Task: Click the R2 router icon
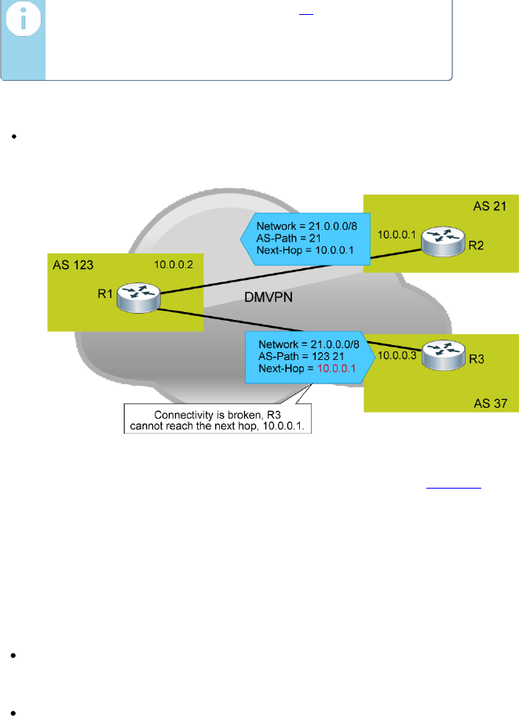(x=443, y=240)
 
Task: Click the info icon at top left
(x=22, y=24)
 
